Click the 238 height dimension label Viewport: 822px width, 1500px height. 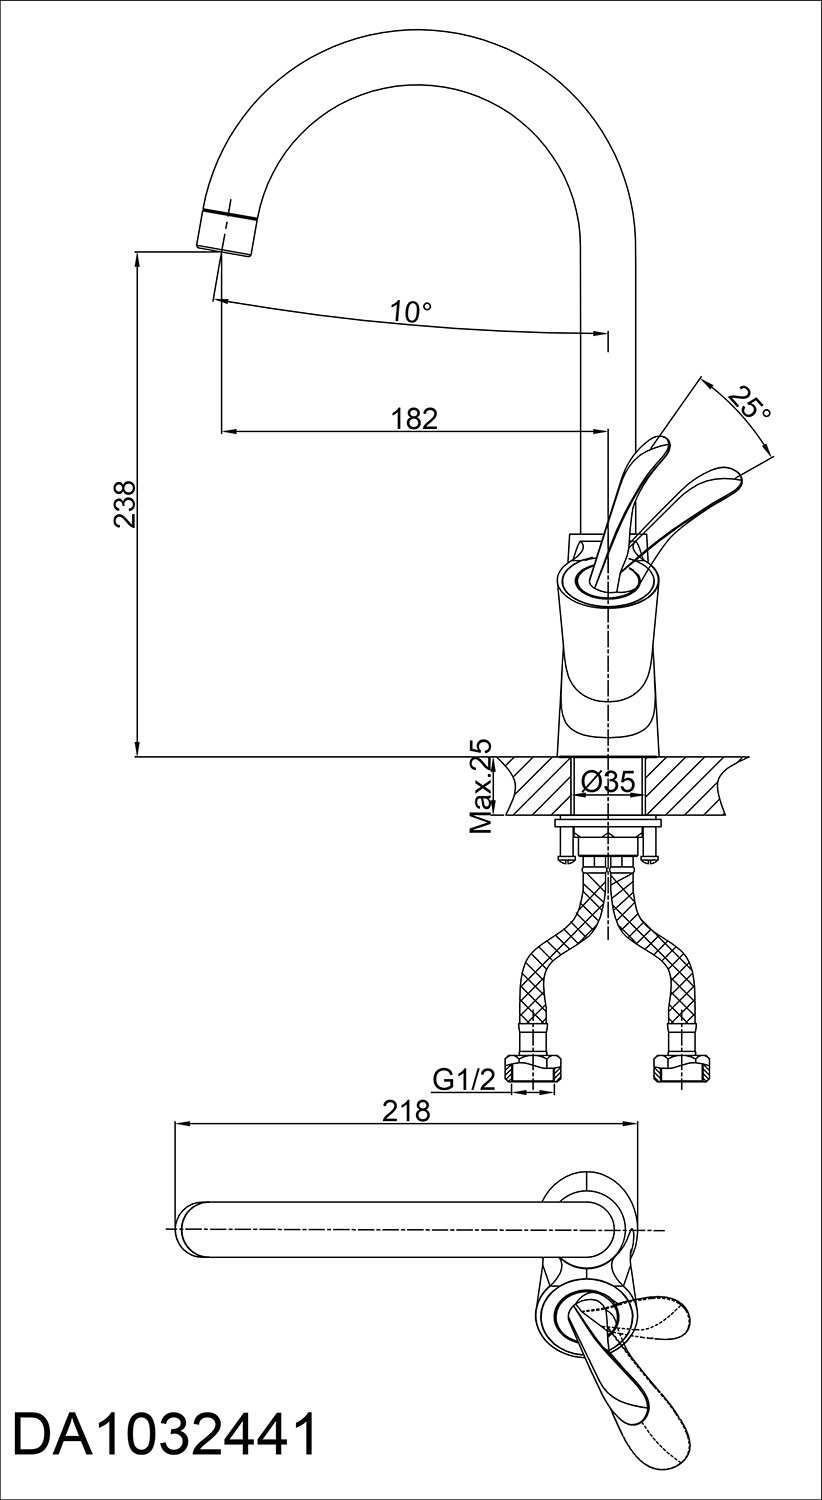(126, 504)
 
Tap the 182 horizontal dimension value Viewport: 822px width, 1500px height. (414, 418)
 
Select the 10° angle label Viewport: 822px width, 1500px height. (411, 311)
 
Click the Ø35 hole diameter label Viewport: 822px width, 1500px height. (607, 781)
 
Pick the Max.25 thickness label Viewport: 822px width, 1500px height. (481, 785)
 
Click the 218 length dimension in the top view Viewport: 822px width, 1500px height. (405, 1111)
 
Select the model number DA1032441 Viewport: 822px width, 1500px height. (165, 1449)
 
